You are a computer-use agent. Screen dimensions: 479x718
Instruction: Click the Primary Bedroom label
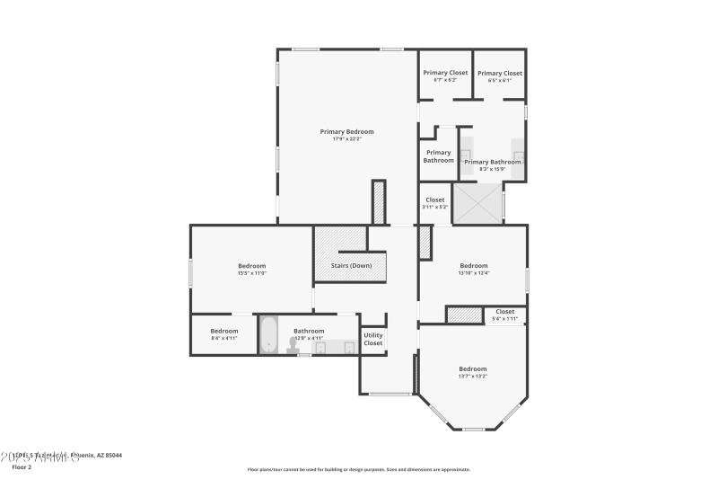pos(346,131)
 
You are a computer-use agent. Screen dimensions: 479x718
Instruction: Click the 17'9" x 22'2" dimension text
pos(346,139)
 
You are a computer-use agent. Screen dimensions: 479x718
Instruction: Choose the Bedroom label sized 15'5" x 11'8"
pos(251,265)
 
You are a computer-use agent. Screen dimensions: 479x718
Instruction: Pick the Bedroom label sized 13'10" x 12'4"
pos(473,265)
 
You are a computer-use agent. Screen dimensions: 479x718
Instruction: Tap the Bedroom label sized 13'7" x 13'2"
pos(472,368)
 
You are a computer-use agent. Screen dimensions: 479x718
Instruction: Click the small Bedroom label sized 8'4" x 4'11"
pos(224,331)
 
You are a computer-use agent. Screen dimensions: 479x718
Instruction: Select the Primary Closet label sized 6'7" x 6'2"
pos(445,73)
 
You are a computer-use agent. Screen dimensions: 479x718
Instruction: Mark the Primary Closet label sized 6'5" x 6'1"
pos(499,73)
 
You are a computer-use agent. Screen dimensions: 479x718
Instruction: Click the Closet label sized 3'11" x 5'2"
pos(434,200)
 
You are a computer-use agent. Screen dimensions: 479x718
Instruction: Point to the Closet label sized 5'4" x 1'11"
pos(504,311)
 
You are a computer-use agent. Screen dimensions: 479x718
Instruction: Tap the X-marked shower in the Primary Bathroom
pos(477,203)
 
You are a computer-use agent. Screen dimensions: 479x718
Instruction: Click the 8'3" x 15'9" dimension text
pos(492,169)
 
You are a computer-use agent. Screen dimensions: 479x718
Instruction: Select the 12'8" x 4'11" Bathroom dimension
pos(309,338)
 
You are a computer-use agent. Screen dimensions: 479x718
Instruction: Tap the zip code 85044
pos(113,456)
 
